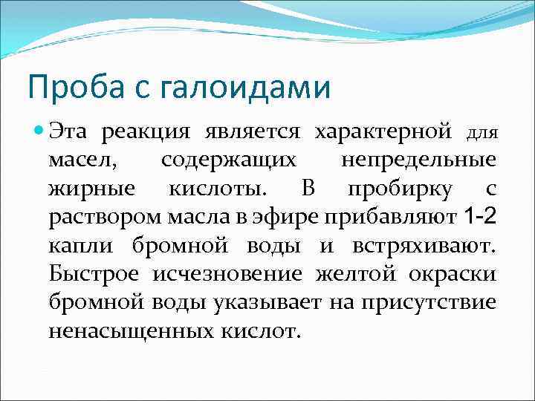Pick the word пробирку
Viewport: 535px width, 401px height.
[401, 189]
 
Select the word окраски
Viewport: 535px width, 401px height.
[453, 274]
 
